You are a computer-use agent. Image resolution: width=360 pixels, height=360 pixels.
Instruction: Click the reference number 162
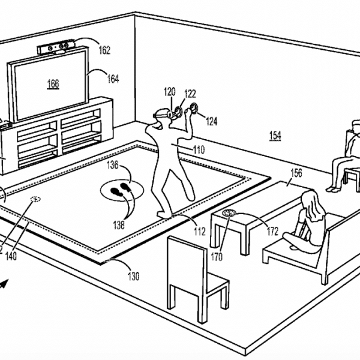pos(104,50)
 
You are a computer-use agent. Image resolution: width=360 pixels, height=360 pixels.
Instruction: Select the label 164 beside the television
pos(113,79)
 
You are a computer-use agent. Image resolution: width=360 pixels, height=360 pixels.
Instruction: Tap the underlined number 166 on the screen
pos(53,84)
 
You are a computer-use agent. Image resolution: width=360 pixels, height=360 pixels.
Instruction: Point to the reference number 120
pos(170,92)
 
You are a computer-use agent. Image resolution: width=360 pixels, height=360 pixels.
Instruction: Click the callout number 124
pos(211,121)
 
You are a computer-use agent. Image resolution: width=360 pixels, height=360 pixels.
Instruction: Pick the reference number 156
pos(296,173)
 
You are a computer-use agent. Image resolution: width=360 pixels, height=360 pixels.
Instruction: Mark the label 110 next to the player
pos(199,150)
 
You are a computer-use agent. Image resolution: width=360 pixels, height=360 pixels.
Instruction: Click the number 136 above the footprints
pos(113,165)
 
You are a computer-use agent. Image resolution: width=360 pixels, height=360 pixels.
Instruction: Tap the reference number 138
pos(119,225)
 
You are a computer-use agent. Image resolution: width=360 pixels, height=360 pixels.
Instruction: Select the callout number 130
pos(134,276)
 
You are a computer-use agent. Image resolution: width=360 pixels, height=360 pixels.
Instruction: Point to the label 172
pos(272,231)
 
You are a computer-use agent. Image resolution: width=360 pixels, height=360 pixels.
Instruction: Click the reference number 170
pos(217,257)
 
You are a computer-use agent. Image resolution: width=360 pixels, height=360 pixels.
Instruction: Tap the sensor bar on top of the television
pos(56,47)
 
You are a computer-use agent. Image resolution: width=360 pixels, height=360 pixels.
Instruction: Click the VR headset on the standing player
pos(161,113)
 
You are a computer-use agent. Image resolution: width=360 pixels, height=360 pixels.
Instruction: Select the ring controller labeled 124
pos(193,109)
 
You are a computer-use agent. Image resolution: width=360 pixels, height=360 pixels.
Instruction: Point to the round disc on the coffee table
pos(229,213)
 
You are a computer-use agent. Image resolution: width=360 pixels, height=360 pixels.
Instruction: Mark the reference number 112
pos(200,232)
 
